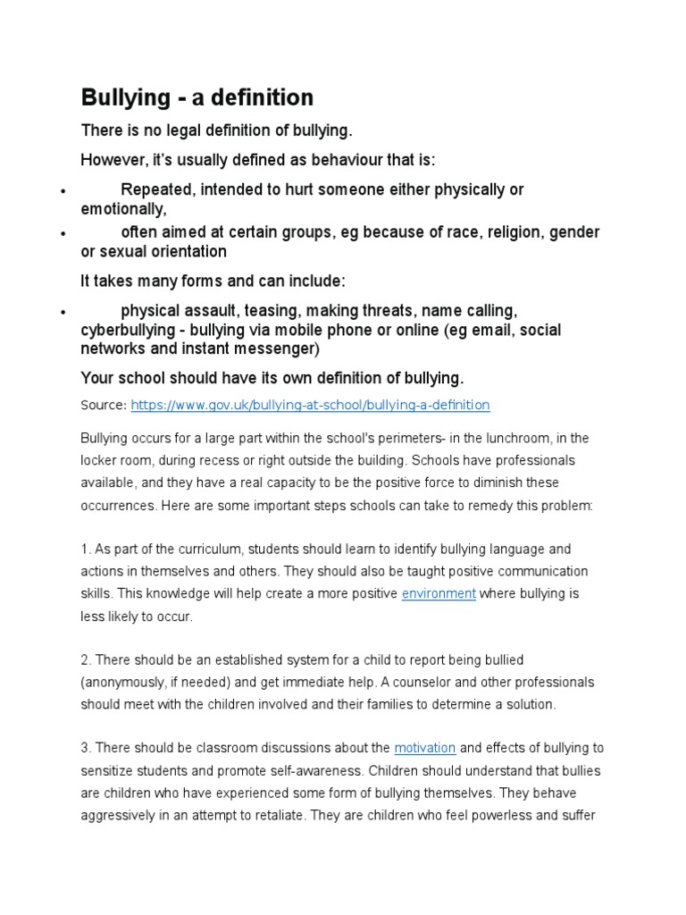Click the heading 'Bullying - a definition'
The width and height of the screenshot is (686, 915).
coord(197,97)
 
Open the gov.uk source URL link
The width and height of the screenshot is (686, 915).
coord(310,405)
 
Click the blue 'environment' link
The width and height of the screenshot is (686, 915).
coord(439,593)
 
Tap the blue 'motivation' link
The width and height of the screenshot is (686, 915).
coord(425,747)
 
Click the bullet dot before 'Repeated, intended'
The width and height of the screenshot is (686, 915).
coord(63,192)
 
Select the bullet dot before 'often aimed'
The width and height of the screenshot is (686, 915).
coord(63,234)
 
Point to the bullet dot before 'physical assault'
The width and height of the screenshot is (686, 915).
coord(63,313)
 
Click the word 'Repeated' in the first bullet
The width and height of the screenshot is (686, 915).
coord(157,189)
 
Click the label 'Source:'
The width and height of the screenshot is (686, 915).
coord(104,405)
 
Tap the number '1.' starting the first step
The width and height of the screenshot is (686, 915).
coord(86,549)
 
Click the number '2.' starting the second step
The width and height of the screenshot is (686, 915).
coord(86,659)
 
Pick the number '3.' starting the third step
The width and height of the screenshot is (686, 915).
coord(86,747)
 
